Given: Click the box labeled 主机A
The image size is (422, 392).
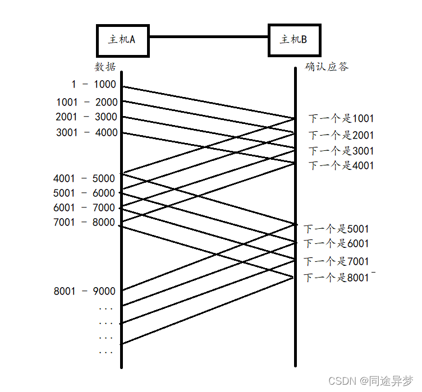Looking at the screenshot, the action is tap(122, 40).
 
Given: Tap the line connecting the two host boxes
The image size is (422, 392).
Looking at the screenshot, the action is tap(208, 37).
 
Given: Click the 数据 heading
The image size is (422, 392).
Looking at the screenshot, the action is tap(105, 67).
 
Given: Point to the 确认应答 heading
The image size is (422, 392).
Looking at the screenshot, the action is tap(326, 67).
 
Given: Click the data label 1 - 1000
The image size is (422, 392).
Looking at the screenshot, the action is tap(94, 85).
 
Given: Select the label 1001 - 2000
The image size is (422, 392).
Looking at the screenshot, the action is tap(87, 102).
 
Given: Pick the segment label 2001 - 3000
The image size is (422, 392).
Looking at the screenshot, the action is tap(86, 117).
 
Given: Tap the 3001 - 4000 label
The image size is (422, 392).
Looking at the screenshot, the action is tap(87, 133).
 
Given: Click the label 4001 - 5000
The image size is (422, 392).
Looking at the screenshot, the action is tap(84, 179).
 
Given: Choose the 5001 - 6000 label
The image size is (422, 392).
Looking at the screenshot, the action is tap(84, 193).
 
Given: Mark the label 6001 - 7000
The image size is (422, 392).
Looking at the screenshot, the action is tap(84, 208).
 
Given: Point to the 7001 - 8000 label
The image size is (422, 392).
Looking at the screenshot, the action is tap(84, 223).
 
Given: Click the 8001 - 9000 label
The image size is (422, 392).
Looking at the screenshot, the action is tap(85, 291).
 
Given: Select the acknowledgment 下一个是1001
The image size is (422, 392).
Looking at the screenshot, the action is tap(341, 119).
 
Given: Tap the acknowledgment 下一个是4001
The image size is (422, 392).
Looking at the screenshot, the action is tap(341, 166).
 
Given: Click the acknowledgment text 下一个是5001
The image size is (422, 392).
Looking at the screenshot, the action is tap(337, 229).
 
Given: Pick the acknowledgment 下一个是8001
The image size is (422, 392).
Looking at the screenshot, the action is tap(337, 278).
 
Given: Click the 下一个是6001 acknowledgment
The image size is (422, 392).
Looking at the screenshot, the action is tap(337, 243).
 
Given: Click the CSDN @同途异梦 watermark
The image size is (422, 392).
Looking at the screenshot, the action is tap(370, 381).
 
